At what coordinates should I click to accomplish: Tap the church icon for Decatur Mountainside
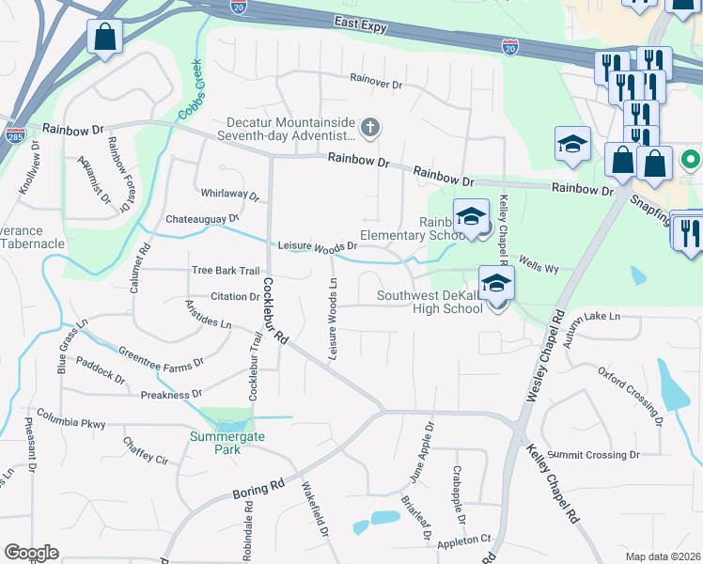pos(371,127)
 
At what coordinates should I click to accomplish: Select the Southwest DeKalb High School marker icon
pos(496,283)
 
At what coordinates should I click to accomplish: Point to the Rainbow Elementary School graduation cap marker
pos(471,218)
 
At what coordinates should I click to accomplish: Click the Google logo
pos(32,552)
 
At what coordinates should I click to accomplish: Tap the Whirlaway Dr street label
pos(229,194)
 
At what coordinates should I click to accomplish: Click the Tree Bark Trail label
pos(225,271)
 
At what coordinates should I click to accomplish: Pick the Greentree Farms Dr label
pos(161,358)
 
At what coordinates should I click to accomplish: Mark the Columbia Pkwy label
pos(70,418)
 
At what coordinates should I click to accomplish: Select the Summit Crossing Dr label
pos(600,455)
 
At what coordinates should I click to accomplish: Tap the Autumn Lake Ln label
pos(590,317)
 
